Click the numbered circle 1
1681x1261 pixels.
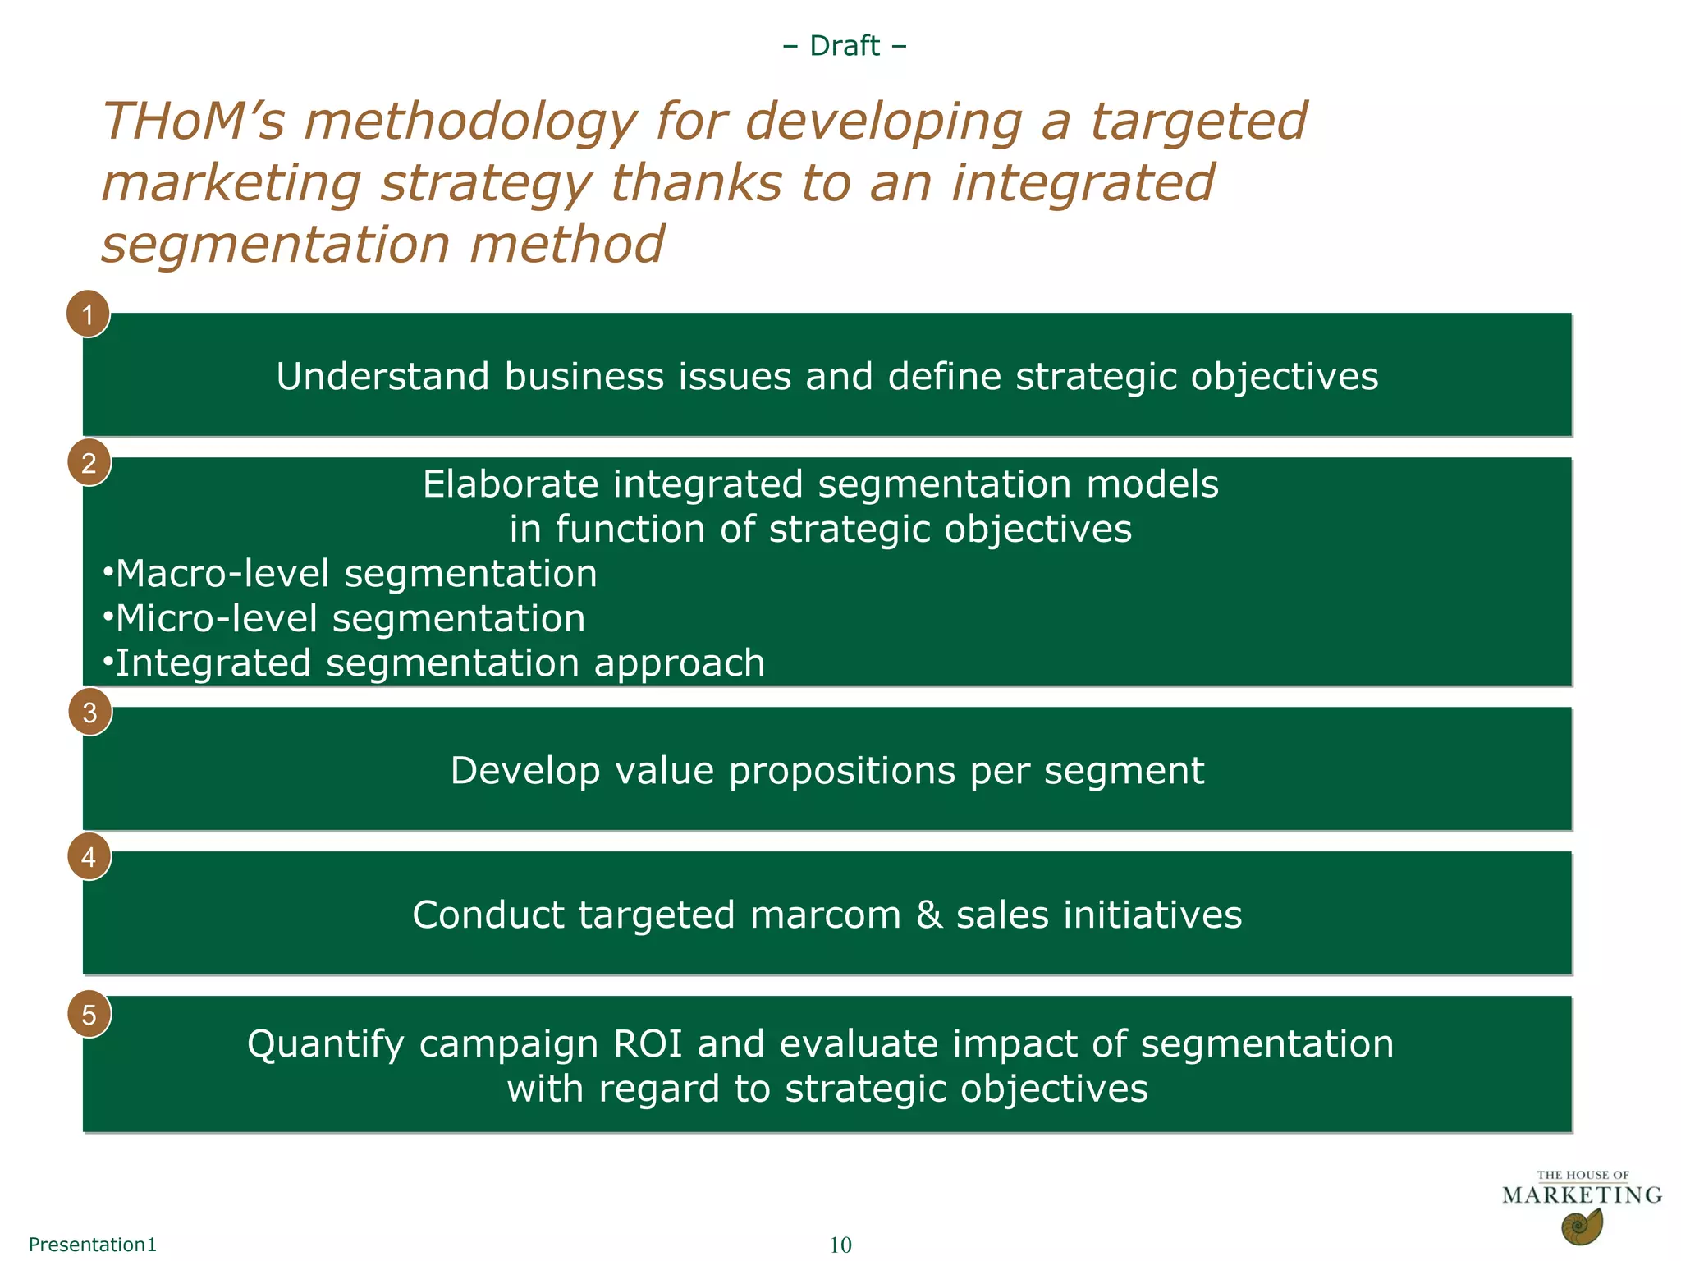pyautogui.click(x=89, y=314)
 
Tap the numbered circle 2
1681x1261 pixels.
pyautogui.click(x=89, y=463)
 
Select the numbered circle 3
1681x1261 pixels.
pyautogui.click(x=90, y=713)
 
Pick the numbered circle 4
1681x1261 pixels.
pyautogui.click(x=89, y=857)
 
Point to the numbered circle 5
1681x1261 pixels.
pyautogui.click(x=89, y=1016)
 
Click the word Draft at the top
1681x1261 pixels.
pyautogui.click(x=845, y=46)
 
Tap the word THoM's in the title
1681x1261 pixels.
pyautogui.click(x=193, y=122)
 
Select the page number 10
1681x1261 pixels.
pyautogui.click(x=840, y=1245)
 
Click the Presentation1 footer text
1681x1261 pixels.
pyautogui.click(x=92, y=1245)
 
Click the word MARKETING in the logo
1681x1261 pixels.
pyautogui.click(x=1582, y=1195)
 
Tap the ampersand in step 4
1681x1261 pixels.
pyautogui.click(x=929, y=915)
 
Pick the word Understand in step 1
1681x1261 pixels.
pyautogui.click(x=382, y=377)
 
